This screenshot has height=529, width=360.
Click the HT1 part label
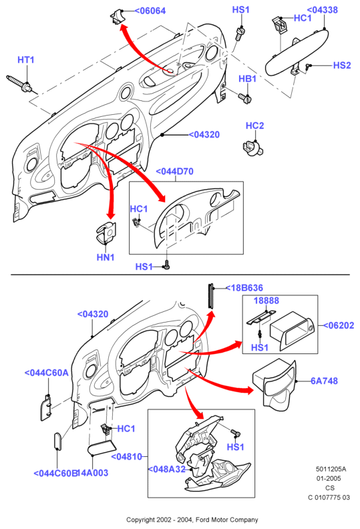tap(25, 59)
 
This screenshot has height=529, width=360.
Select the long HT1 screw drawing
tap(19, 84)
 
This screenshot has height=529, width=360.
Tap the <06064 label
tap(150, 11)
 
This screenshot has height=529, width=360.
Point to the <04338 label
tap(322, 10)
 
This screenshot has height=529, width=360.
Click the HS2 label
tap(342, 65)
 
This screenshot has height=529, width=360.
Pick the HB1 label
tap(247, 79)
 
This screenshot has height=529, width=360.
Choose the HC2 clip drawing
tap(252, 148)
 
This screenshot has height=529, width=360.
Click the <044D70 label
tap(175, 172)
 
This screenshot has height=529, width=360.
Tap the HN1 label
tap(106, 257)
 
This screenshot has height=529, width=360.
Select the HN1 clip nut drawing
tap(106, 232)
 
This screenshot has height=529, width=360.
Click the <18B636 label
tap(244, 288)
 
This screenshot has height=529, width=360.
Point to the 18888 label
tap(266, 301)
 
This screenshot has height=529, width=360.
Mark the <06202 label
tap(339, 325)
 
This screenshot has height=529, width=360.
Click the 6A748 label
tap(324, 381)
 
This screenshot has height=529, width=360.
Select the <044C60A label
tap(47, 373)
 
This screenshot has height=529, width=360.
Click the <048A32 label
tap(167, 469)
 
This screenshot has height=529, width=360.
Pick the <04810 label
tap(127, 456)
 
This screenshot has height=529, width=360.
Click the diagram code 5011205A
tap(331, 469)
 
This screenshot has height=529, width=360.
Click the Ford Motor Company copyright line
tap(192, 520)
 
